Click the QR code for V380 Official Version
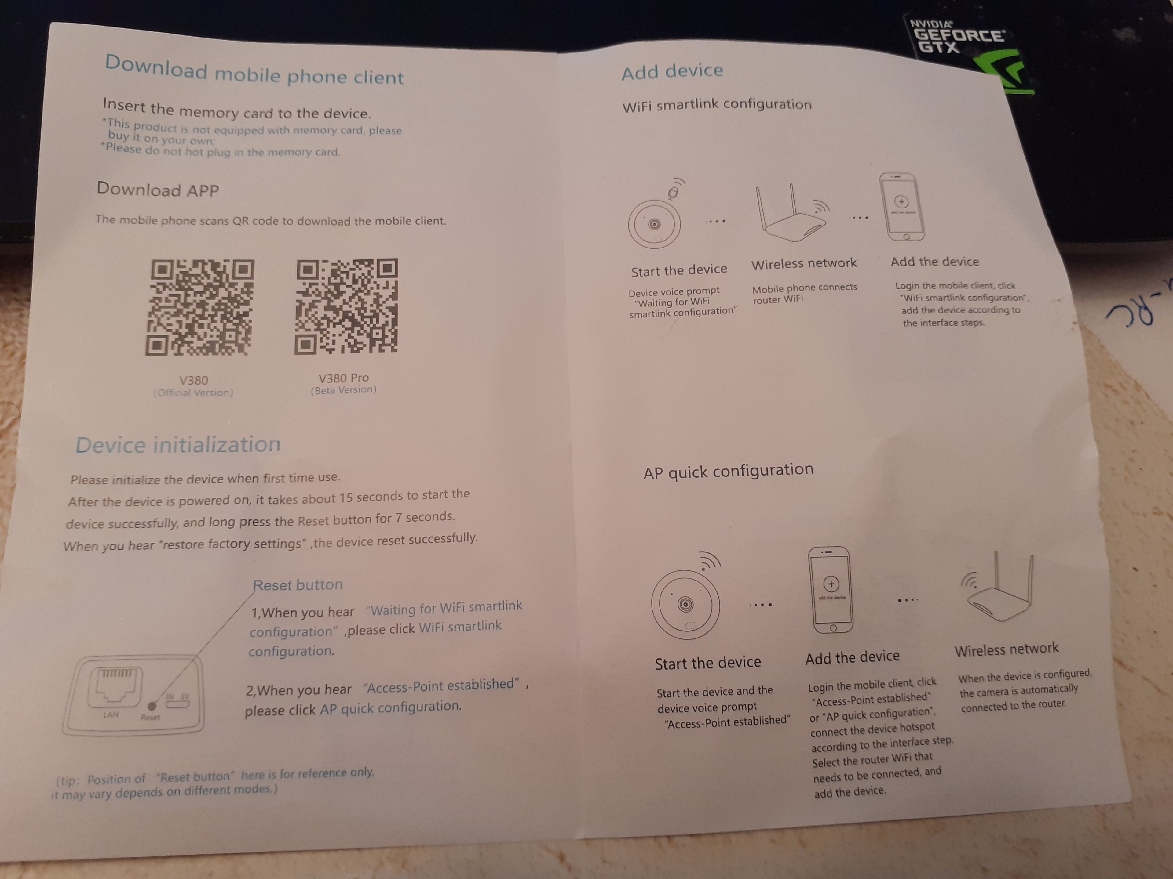tap(199, 307)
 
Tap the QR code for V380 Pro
tap(346, 306)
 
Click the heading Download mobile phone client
tap(254, 71)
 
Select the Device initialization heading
tap(178, 444)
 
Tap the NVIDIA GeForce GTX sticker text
tap(956, 36)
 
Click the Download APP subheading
tap(158, 189)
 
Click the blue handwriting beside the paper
tap(1135, 310)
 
